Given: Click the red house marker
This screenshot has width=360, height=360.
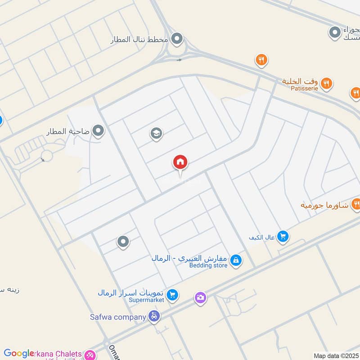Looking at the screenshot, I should click(x=180, y=162).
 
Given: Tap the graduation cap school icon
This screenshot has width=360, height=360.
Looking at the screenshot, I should click(x=156, y=134).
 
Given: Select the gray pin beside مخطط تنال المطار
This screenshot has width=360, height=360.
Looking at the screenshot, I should click(x=179, y=39).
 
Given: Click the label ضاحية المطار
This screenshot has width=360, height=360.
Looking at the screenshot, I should click(x=68, y=131).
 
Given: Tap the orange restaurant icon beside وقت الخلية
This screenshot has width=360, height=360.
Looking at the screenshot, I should click(x=328, y=83).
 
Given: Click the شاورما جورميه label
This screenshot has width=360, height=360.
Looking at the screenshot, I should click(x=325, y=205).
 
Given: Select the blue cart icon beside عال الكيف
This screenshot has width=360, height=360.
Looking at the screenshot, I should click(x=283, y=236).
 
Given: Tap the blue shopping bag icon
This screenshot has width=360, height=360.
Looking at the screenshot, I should click(x=236, y=260).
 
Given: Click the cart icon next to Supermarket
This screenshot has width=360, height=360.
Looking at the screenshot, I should click(x=172, y=295).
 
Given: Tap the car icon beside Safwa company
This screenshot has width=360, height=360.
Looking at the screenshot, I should click(x=154, y=317).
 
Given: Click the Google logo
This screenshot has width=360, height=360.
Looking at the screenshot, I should click(x=19, y=353).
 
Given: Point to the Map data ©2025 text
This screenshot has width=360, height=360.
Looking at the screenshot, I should click(x=336, y=355).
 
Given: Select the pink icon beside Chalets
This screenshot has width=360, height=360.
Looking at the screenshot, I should click(x=90, y=355).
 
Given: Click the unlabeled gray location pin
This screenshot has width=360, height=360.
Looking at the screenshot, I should click(x=123, y=242).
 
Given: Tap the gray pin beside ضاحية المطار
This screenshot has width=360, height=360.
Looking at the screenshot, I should click(x=98, y=131).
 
